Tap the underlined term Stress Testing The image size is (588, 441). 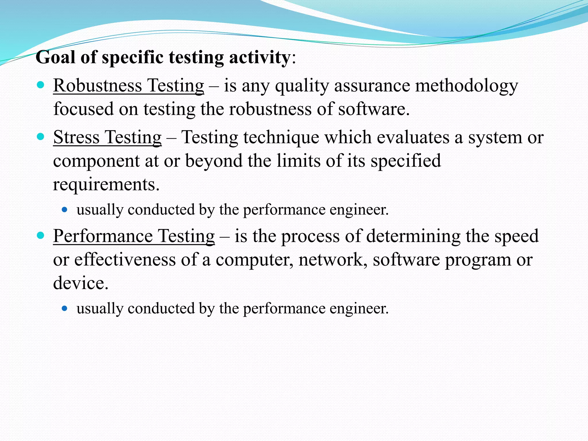107,137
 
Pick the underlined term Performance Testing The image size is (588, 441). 134,236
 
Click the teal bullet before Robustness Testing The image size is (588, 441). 40,84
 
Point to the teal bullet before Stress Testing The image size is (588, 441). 40,136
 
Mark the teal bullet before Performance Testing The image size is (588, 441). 40,235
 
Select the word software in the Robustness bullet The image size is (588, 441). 373,109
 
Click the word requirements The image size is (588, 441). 106,184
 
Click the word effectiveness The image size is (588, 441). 125,260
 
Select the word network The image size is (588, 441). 333,260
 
